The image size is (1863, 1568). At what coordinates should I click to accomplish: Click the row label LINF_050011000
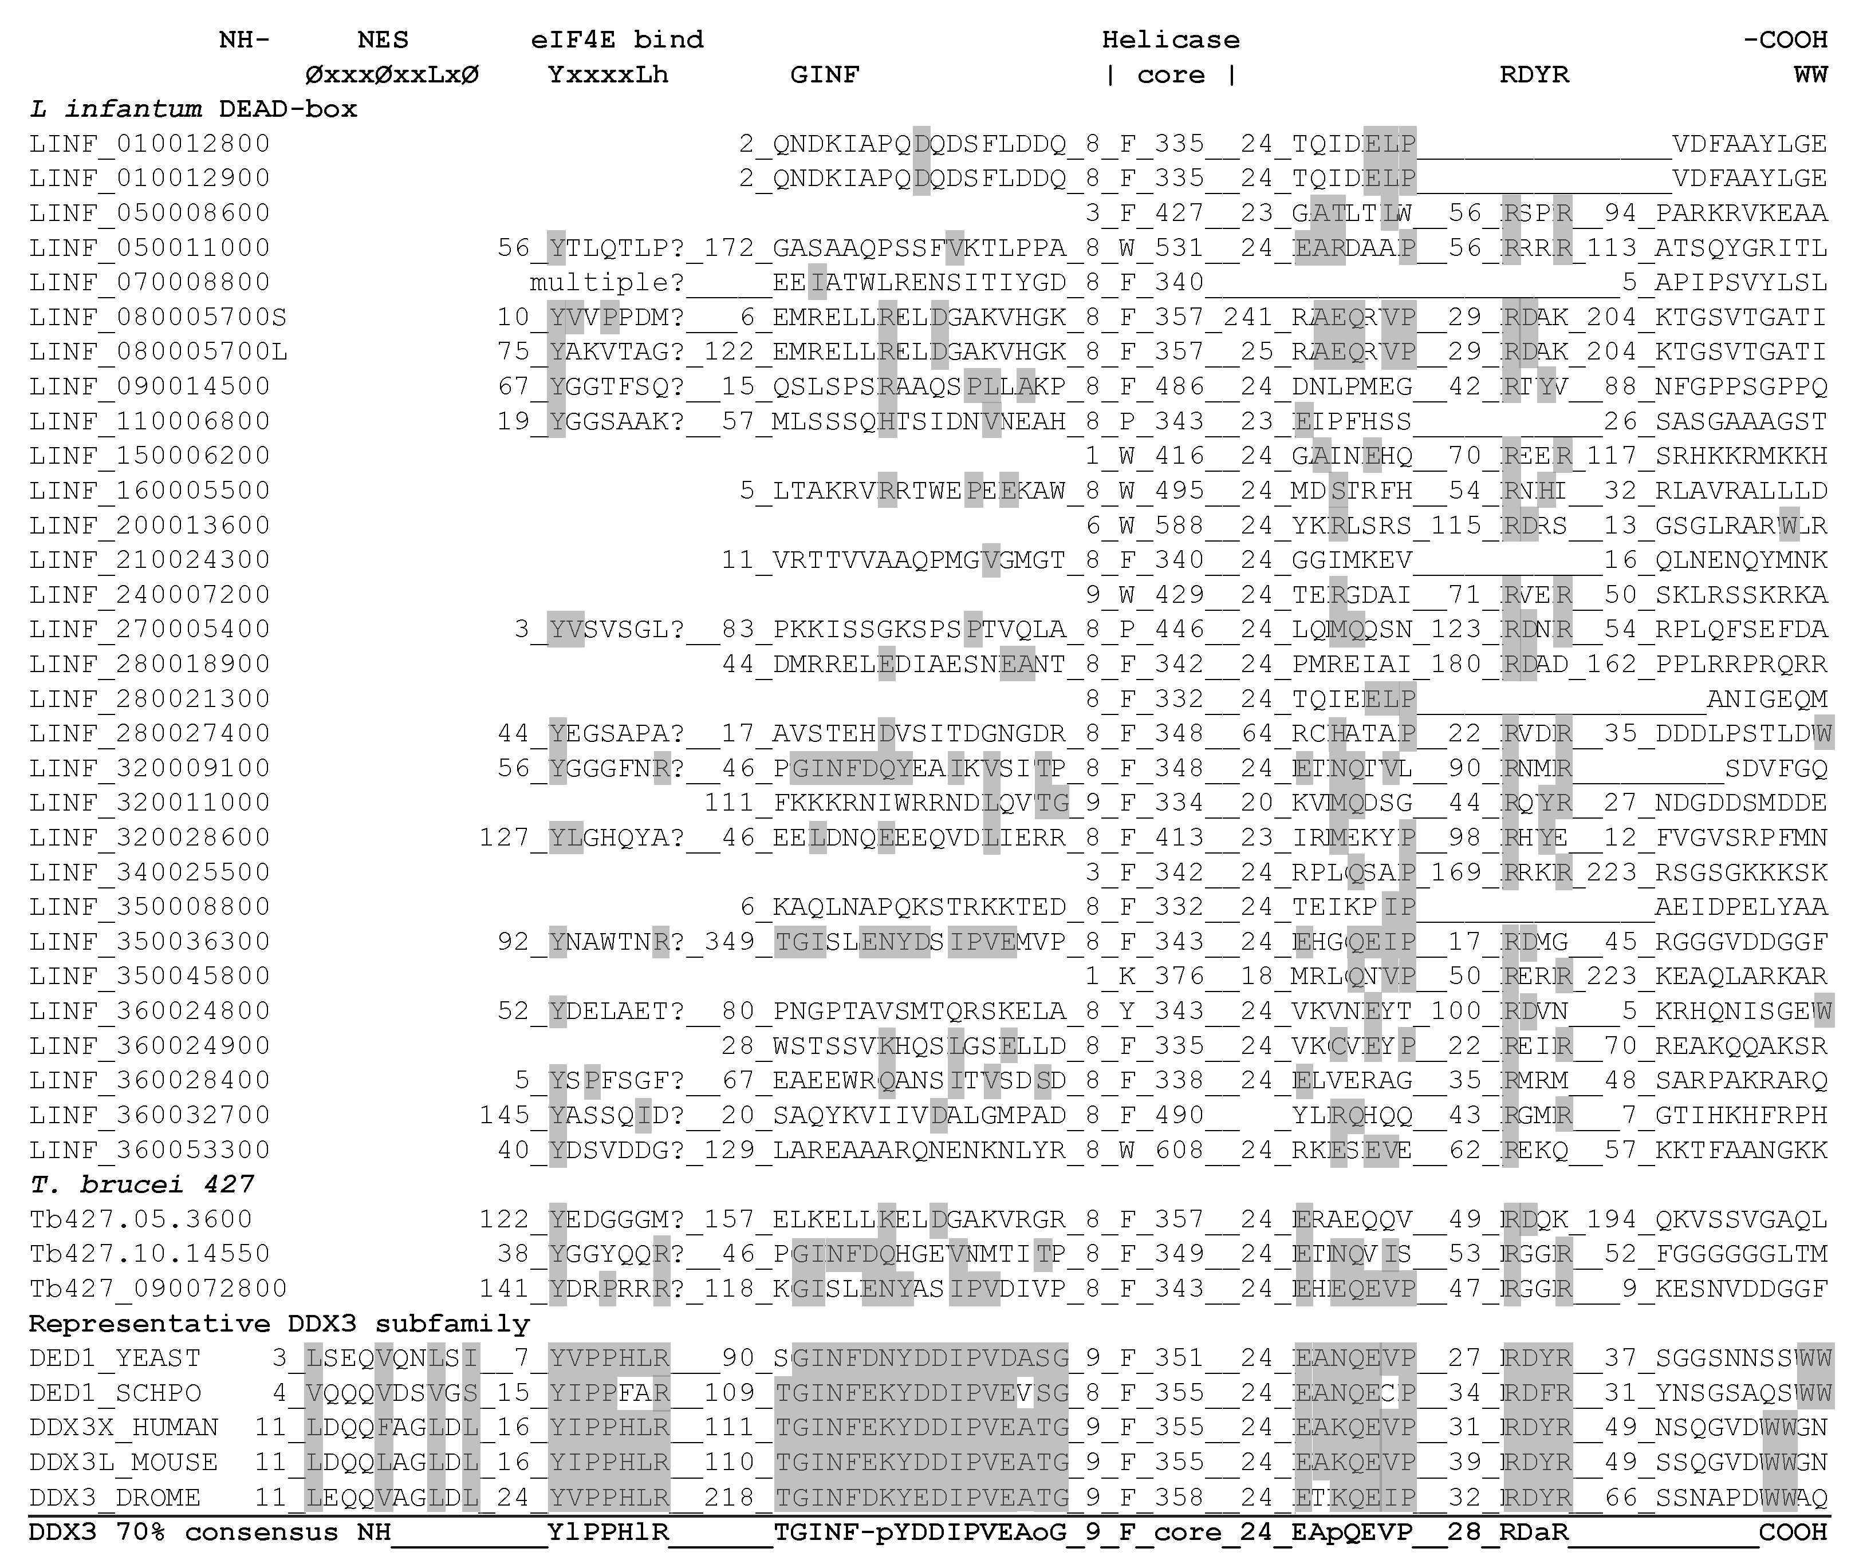point(149,248)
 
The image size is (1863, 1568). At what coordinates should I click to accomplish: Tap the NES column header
point(383,40)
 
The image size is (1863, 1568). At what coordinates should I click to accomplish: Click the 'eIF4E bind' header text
point(617,40)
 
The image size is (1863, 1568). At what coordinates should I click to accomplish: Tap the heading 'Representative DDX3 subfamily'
point(279,1324)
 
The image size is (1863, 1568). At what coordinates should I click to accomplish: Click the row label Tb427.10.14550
point(149,1254)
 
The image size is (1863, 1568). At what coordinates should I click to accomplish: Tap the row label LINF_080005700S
point(158,317)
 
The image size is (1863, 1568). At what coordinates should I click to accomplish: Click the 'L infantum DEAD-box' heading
point(193,109)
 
